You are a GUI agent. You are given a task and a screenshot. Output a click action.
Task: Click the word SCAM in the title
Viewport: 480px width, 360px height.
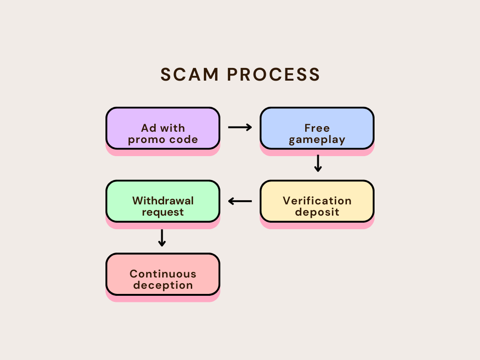189,75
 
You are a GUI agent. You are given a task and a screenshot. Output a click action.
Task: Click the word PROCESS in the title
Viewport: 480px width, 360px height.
273,75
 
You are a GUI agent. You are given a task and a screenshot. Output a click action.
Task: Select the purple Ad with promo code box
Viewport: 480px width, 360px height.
163,128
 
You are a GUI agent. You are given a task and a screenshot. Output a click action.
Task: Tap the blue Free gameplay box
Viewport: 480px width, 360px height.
317,128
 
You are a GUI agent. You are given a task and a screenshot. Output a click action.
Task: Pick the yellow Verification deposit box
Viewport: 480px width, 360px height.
317,201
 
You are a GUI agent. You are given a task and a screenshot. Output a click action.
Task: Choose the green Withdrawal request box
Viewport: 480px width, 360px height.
163,201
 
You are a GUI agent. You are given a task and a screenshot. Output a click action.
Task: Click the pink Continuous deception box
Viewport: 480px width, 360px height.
163,274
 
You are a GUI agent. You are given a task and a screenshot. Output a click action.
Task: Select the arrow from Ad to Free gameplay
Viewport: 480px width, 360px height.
240,127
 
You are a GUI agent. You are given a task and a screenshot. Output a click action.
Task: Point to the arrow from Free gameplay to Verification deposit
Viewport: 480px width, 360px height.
318,163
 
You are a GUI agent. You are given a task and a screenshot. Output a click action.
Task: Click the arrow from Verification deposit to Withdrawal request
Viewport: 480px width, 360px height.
240,201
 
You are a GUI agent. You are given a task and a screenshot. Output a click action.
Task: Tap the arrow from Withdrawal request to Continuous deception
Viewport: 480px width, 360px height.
162,238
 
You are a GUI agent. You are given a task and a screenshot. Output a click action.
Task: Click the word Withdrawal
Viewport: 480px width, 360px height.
163,201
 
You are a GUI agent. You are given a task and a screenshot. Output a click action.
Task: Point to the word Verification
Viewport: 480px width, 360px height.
317,201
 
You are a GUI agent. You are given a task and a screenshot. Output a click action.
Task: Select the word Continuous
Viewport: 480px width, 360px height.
163,274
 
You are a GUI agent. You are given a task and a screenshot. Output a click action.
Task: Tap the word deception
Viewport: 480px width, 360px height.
163,285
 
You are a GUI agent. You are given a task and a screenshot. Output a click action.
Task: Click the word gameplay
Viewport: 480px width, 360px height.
317,140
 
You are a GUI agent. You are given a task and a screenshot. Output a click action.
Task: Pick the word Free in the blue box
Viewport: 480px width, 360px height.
317,128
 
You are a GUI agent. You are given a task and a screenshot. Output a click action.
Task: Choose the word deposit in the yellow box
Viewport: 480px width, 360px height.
317,212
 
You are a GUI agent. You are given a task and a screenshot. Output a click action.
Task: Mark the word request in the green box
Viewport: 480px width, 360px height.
163,212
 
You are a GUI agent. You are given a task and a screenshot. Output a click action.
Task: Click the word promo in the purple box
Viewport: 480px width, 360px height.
147,140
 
